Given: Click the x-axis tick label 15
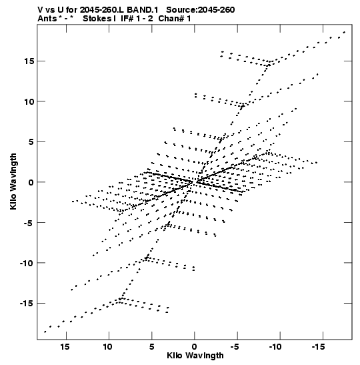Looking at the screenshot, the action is coord(65,346).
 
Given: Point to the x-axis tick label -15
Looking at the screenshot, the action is coord(319,346).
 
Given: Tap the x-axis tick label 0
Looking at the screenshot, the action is coord(195,346).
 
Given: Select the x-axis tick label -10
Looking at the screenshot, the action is coord(275,346).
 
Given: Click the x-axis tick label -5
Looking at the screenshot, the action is coord(235,346).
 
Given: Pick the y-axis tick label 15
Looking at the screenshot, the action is coord(29,61).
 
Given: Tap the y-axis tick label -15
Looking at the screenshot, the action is coord(27,304).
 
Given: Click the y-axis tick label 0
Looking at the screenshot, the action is coord(31,182).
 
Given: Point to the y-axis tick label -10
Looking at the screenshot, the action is coord(27,263).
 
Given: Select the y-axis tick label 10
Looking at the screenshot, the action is coord(29,101).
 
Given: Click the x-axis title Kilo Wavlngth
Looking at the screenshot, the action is coord(195,356).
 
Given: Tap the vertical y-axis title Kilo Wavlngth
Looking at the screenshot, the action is coord(13,181).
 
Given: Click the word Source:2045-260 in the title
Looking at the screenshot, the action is coord(200,10).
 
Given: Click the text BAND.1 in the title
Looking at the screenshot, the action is coord(142,10).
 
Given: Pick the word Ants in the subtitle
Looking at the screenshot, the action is coord(47,19).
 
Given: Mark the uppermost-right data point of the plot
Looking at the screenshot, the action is coord(344,32).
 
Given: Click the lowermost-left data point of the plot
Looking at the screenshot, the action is coord(45,332).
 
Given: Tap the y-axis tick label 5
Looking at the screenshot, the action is coord(31,142).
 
